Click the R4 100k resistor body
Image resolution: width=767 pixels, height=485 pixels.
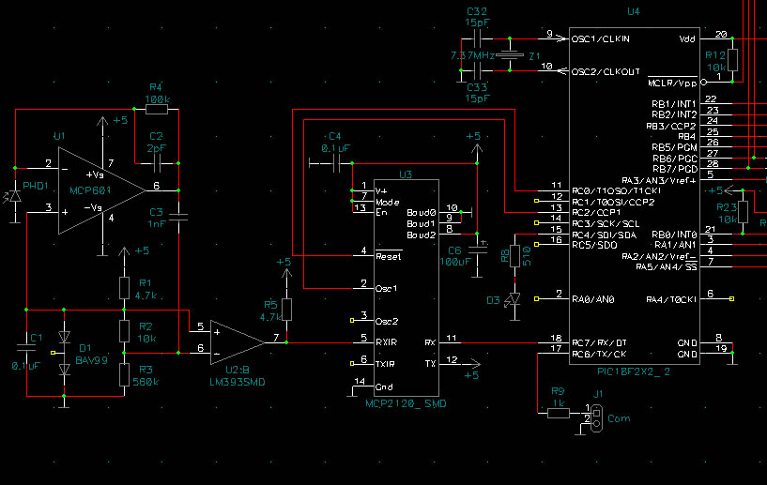pos(157,110)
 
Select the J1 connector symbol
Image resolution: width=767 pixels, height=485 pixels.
pos(591,417)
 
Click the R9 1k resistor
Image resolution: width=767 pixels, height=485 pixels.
pos(557,410)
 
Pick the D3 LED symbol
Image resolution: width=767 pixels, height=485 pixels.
pos(514,300)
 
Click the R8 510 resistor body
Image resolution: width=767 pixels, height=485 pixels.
pos(514,257)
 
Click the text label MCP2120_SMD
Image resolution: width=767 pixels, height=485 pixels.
pos(409,402)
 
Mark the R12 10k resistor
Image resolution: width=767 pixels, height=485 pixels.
pos(732,60)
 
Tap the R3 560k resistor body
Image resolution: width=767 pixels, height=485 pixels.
pos(123,375)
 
